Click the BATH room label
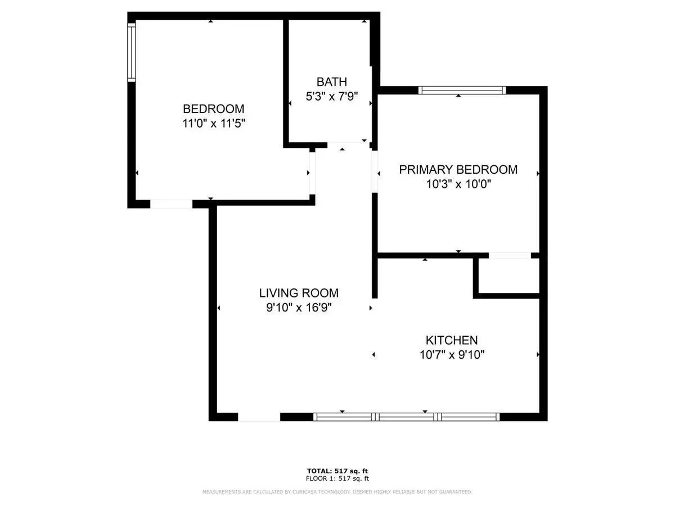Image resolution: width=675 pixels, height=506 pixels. coord(331,82)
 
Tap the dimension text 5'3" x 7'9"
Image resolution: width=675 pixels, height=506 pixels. coord(331,97)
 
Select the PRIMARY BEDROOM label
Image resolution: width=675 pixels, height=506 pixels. coord(458,170)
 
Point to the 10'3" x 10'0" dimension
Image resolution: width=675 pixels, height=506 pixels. coord(458,184)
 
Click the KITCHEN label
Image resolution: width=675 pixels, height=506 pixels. coord(452,340)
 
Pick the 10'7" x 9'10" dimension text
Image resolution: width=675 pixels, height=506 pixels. coord(452,355)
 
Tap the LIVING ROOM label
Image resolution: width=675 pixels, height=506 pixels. coord(299,293)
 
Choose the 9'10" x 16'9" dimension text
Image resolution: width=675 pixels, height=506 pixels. coord(299,308)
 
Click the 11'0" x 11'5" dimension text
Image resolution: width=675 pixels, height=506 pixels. coord(213,124)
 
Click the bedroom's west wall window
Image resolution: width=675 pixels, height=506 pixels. coord(131,52)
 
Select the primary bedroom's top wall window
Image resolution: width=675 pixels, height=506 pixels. coord(462,91)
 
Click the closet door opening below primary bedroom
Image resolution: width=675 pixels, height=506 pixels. coord(510,255)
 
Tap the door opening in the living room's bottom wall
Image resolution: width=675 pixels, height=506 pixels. coord(259,417)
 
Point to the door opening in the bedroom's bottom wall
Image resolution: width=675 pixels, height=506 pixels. coord(171,204)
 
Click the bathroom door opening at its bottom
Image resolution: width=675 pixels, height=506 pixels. coord(348,145)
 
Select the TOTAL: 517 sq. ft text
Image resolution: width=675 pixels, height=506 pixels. coord(337,471)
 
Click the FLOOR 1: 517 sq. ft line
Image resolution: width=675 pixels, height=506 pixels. coord(337,478)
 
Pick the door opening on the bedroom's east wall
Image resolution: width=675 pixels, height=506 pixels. coord(312,173)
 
